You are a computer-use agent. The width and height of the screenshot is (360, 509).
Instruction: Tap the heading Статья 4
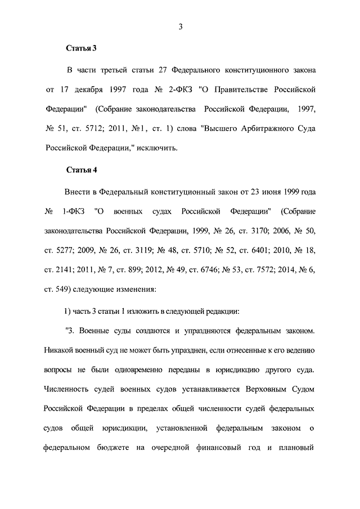pyautogui.click(x=82, y=170)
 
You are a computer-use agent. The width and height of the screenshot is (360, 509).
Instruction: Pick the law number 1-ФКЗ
pyautogui.click(x=73, y=211)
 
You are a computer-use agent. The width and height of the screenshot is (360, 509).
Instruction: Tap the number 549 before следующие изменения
pyautogui.click(x=62, y=290)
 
